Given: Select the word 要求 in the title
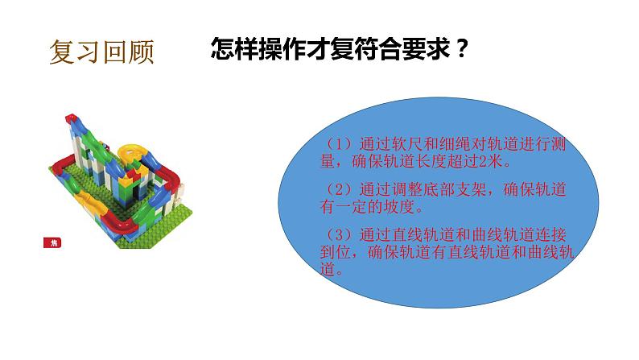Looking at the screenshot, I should (x=424, y=48).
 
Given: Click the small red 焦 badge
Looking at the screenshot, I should (x=55, y=243).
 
